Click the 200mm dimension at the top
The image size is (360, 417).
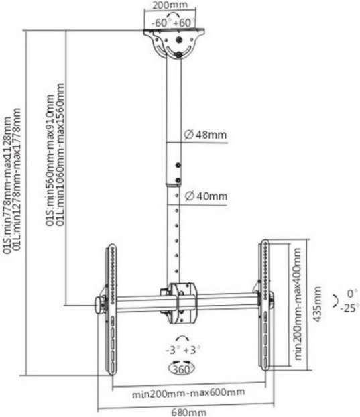pos(170,5)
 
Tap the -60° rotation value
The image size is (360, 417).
pos(160,23)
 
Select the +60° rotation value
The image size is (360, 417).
pos(184,23)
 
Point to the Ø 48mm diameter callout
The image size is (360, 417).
pos(205,135)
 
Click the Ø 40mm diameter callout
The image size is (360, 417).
pos(206,196)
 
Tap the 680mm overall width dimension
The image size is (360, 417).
pos(188,412)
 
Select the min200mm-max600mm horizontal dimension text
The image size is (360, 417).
pos(188,393)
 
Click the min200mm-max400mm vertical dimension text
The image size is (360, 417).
pos(298,304)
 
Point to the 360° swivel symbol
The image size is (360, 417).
pos(181,369)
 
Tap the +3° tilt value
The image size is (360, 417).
pos(192,350)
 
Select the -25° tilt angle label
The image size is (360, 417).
pos(349,308)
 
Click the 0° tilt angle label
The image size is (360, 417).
pos(352,294)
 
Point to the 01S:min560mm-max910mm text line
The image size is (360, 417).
pos(50,160)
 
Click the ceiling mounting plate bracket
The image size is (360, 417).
pos(174,44)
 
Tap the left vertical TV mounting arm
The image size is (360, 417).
pos(111,309)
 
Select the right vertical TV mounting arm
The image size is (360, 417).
pos(265,305)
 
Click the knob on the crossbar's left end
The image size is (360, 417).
pos(100,305)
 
